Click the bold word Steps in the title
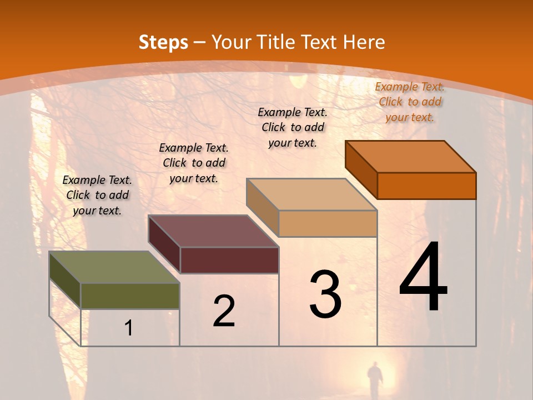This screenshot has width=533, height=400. (163, 42)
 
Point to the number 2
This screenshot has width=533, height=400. (224, 311)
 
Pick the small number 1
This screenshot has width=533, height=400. (129, 328)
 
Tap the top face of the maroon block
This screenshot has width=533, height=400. (214, 231)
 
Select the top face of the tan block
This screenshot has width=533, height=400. (312, 194)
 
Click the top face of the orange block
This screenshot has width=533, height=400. (411, 157)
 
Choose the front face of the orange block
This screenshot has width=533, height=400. (426, 186)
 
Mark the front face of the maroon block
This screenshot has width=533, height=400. (229, 260)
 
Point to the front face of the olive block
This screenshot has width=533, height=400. (130, 296)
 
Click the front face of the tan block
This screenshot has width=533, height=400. (328, 223)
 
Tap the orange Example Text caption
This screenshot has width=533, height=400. (410, 102)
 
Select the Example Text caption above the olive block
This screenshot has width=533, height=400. (97, 195)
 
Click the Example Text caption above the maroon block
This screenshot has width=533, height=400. (194, 163)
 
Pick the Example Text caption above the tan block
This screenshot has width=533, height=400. (293, 127)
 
